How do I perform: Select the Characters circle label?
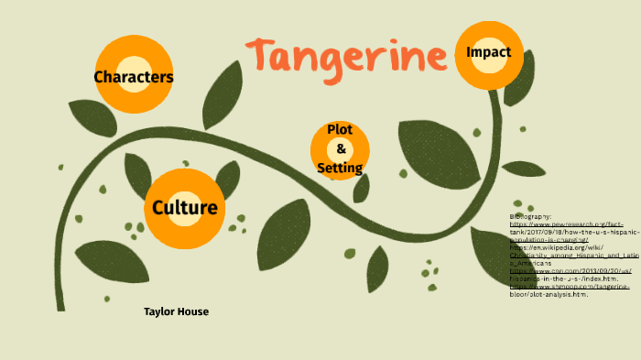(x=134, y=77)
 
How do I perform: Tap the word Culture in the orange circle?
(x=185, y=208)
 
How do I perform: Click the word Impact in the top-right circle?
(x=488, y=52)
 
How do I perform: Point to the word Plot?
(x=340, y=130)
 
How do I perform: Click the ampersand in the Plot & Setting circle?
(x=341, y=148)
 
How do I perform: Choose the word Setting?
(x=340, y=168)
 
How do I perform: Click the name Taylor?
(x=159, y=311)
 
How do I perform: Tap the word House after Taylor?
(x=193, y=311)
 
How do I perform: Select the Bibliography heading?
(x=531, y=216)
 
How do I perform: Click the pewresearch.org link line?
(x=567, y=224)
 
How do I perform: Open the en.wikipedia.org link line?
(x=549, y=247)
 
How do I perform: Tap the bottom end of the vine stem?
(x=61, y=308)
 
